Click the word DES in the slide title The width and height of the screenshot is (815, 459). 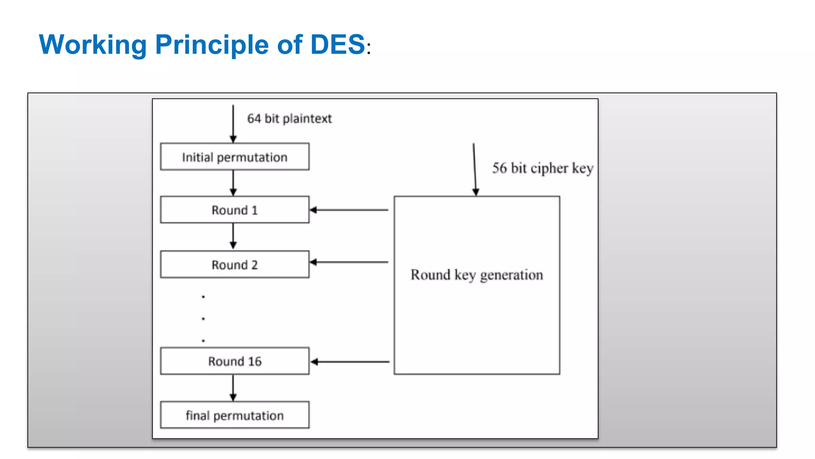point(337,44)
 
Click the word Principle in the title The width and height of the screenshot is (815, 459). point(212,44)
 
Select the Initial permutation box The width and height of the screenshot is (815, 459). point(234,157)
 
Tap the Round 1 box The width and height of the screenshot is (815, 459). point(234,210)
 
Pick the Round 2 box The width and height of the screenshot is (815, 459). point(234,264)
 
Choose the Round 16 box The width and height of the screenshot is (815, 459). point(234,361)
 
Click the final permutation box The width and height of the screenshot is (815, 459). point(234,415)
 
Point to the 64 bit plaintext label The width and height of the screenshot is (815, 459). point(289,118)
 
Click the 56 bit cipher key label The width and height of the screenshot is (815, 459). point(542,168)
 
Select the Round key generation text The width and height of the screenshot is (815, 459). point(477,275)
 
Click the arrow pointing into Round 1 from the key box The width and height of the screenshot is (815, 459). point(349,210)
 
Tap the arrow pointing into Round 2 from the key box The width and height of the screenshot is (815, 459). point(349,262)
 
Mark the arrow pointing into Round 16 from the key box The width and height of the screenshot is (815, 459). point(350,362)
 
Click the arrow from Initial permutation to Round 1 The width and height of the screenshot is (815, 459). point(233,183)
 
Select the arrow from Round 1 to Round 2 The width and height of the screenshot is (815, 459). point(233,236)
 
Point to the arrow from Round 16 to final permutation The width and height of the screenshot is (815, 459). point(233,388)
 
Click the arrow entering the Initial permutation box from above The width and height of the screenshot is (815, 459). point(233,124)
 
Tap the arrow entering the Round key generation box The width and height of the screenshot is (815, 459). point(474,169)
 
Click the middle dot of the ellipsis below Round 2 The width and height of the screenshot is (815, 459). point(203,319)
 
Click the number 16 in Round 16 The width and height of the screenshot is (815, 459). point(255,361)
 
